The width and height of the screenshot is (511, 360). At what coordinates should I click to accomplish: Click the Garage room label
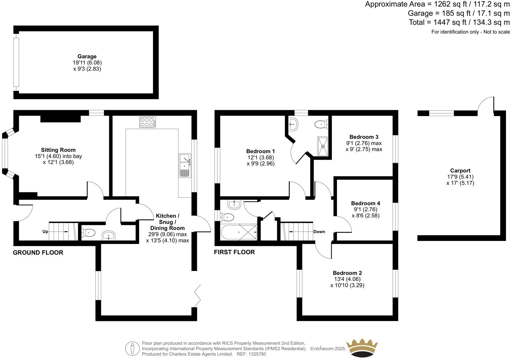click(x=87, y=57)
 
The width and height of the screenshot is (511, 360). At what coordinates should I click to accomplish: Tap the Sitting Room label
click(x=58, y=150)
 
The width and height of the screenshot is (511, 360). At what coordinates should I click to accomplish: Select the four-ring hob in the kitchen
click(x=148, y=122)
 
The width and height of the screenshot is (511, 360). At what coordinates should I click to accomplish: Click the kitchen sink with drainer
click(x=185, y=165)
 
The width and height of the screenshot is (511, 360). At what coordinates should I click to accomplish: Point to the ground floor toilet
click(x=88, y=233)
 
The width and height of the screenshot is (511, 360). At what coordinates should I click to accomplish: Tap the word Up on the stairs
click(x=45, y=232)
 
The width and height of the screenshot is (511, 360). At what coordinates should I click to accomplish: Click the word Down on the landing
click(x=319, y=232)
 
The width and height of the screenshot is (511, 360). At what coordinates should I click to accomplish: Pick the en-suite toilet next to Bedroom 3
click(x=321, y=124)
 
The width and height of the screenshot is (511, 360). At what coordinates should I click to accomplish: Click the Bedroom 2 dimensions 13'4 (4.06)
click(x=347, y=279)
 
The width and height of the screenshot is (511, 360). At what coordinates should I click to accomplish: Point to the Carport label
click(x=460, y=171)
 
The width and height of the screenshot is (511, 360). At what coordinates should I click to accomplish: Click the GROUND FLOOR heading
click(x=38, y=253)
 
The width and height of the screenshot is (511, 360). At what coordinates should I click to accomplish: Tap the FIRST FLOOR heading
click(x=234, y=252)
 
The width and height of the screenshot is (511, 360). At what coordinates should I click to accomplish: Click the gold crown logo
click(x=362, y=348)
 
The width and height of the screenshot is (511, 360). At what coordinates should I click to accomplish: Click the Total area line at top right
click(x=459, y=22)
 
